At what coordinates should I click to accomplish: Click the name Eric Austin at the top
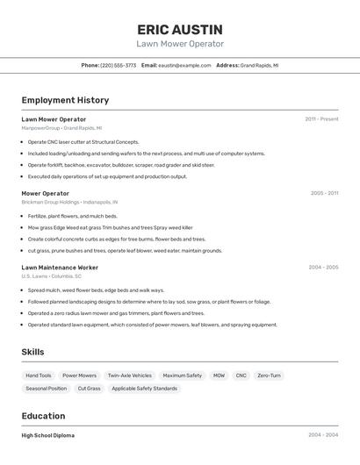click(180, 29)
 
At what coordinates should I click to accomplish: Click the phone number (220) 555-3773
click(119, 65)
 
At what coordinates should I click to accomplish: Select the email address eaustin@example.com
click(184, 65)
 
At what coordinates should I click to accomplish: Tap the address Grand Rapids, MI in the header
click(259, 65)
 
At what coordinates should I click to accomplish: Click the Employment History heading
click(65, 100)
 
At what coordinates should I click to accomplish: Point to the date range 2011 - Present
click(321, 118)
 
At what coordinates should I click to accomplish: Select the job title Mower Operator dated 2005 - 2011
click(45, 193)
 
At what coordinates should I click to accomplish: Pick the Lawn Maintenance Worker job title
click(60, 267)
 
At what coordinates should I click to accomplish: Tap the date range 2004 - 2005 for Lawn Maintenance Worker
click(322, 267)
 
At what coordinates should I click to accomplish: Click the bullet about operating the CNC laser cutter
click(83, 141)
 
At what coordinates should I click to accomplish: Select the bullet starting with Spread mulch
click(96, 290)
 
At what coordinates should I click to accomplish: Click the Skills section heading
click(33, 352)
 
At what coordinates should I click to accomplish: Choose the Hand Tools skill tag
click(39, 376)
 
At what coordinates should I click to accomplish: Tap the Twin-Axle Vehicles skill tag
click(130, 376)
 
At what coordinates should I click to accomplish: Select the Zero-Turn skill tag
click(270, 376)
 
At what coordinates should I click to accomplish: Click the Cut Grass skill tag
click(89, 388)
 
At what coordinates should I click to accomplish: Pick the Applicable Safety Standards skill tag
click(144, 388)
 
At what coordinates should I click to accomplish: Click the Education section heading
click(43, 416)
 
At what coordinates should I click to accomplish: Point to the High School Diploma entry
click(48, 435)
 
